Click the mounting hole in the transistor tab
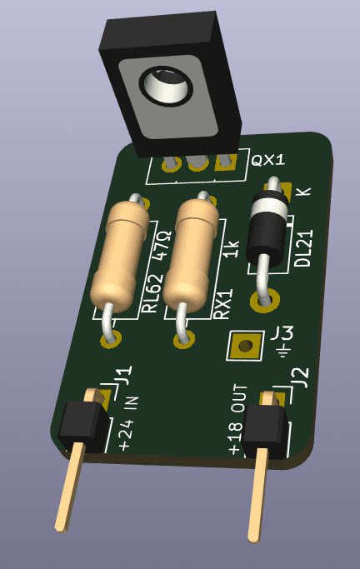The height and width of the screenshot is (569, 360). pos(165,87)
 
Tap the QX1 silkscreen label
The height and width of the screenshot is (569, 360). pos(268,160)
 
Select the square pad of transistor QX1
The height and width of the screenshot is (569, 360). pos(225,162)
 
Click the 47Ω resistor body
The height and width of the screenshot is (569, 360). pos(119,257)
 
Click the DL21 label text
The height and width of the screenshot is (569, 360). pos(303,248)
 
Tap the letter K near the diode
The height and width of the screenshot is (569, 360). pos(303,192)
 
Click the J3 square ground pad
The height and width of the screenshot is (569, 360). pos(245,346)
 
